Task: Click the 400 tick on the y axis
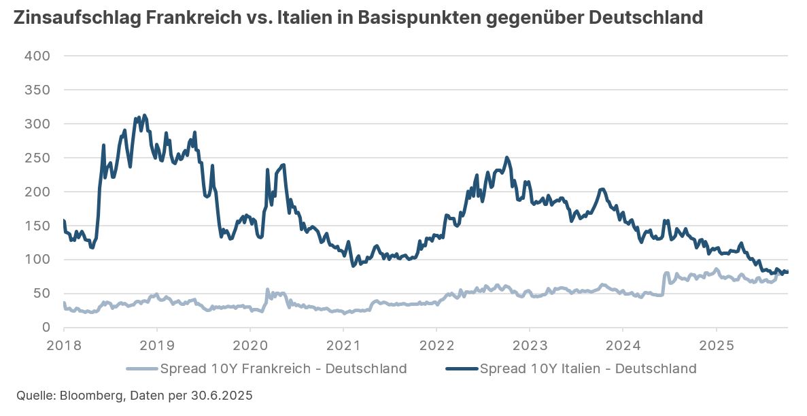[x=37, y=56]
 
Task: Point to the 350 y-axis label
[x=37, y=90]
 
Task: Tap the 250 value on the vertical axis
[x=37, y=158]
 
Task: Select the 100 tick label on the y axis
[x=37, y=260]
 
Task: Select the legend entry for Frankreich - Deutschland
[x=284, y=369]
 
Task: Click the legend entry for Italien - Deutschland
[x=588, y=369]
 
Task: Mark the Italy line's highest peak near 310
[x=144, y=116]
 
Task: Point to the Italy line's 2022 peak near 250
[x=506, y=158]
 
